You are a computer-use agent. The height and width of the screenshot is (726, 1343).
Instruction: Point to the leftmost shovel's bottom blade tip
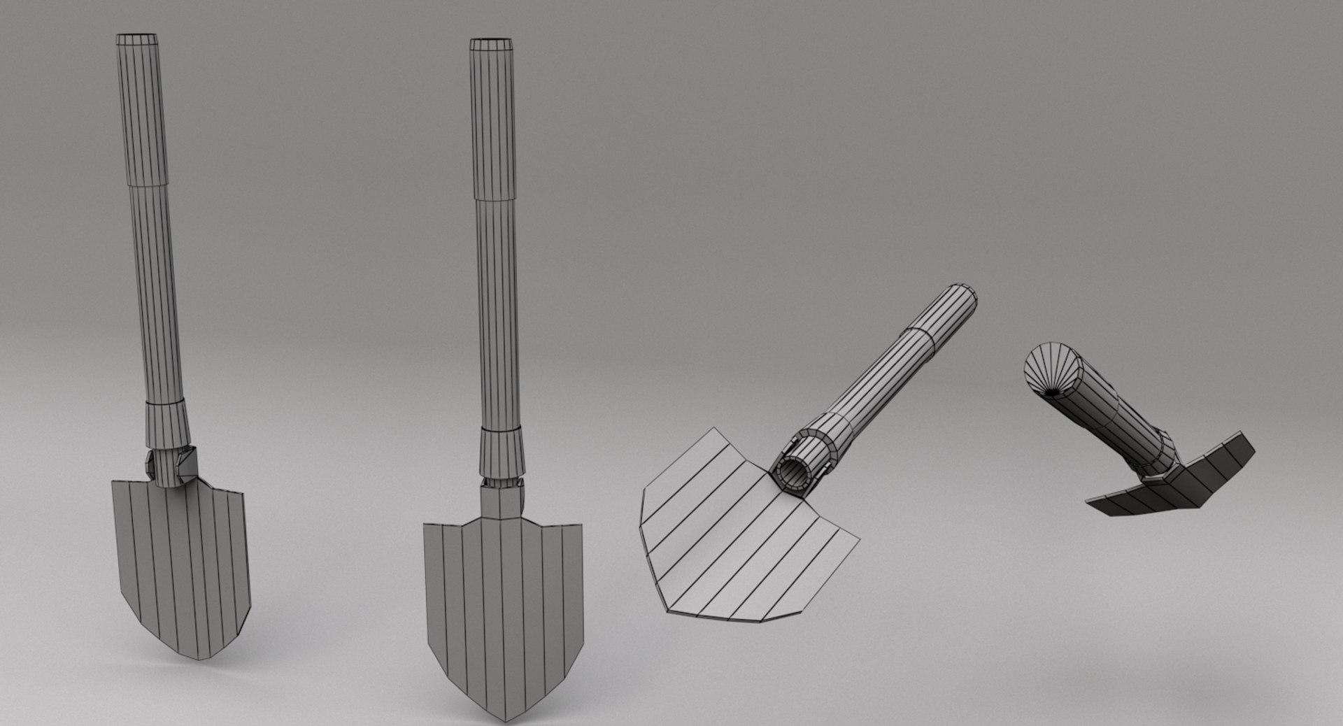(x=203, y=657)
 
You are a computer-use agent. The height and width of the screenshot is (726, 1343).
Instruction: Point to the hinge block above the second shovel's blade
(x=501, y=500)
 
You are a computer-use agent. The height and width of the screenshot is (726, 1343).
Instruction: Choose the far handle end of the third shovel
(x=964, y=297)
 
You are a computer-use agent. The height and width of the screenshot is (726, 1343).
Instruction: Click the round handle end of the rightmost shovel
(x=1049, y=369)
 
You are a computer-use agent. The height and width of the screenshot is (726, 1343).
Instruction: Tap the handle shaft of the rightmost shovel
(x=1112, y=420)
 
